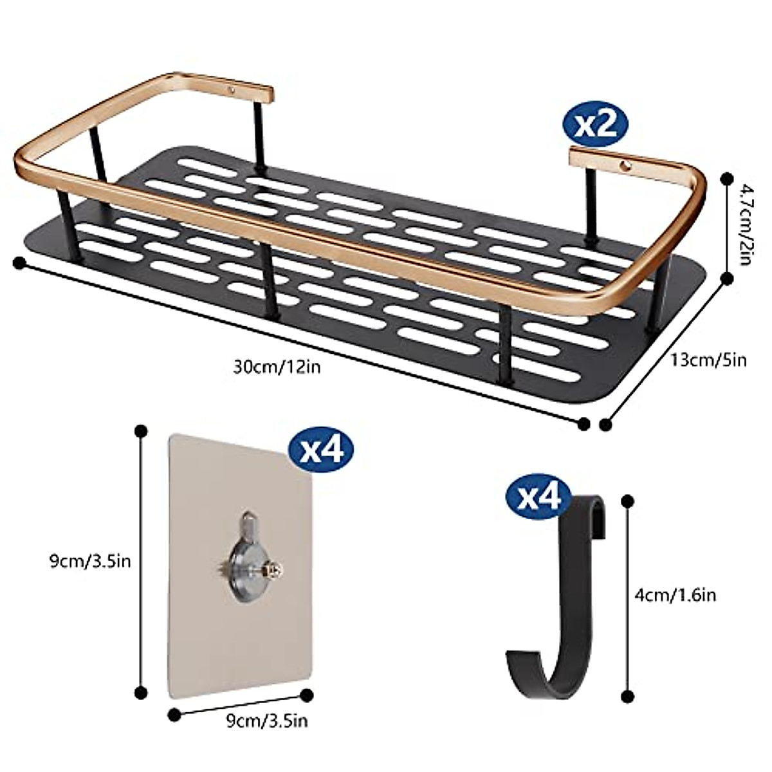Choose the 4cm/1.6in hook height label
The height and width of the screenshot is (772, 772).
pos(675,594)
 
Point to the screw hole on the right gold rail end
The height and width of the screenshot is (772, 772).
pos(624,167)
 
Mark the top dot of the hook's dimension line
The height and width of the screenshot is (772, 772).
pos(628,500)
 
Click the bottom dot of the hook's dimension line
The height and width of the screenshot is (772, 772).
pos(628,697)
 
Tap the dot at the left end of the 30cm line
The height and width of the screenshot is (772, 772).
pos(19,262)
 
